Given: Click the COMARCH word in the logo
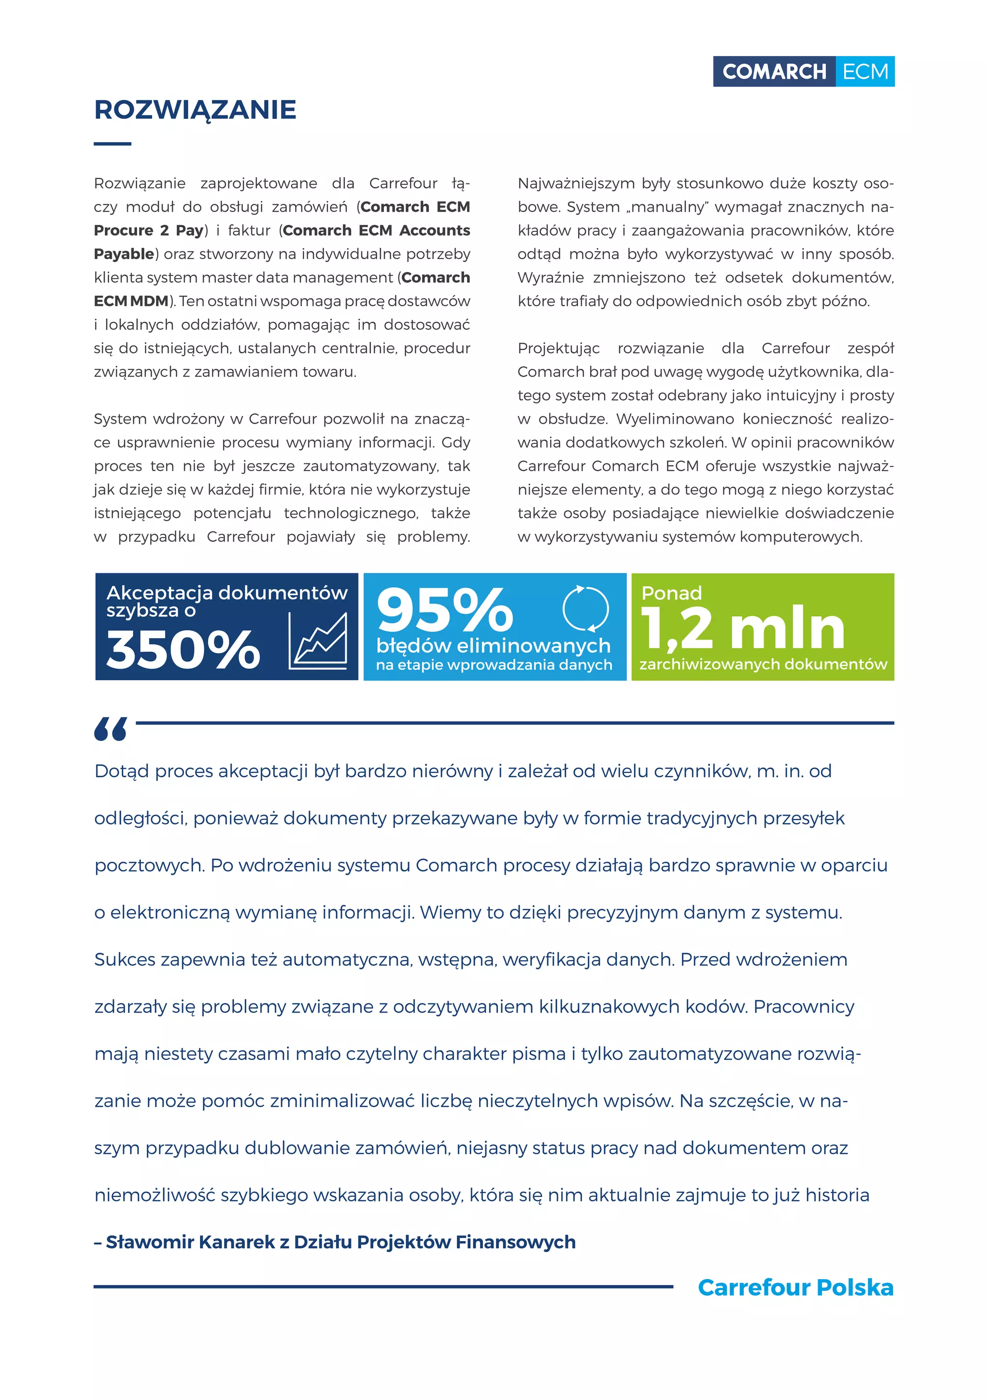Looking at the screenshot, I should pyautogui.click(x=774, y=72).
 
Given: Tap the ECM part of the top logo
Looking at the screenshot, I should pyautogui.click(x=865, y=72).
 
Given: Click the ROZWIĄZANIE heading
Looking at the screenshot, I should pyautogui.click(x=195, y=110).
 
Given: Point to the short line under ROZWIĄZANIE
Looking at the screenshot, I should pyautogui.click(x=112, y=144).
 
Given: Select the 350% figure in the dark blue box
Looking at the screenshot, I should pyautogui.click(x=183, y=650).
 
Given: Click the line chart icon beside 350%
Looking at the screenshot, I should pyautogui.click(x=318, y=641).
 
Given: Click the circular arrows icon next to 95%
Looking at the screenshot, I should pyautogui.click(x=585, y=609).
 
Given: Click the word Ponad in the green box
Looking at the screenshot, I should pyautogui.click(x=671, y=593).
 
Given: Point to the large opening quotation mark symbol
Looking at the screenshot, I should pyautogui.click(x=110, y=729).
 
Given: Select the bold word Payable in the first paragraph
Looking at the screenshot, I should pyautogui.click(x=124, y=254).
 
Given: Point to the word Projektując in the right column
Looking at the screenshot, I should pyautogui.click(x=558, y=348).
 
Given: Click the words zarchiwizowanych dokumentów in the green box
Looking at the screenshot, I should pyautogui.click(x=763, y=664).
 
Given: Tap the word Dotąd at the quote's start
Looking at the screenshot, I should pyautogui.click(x=121, y=771).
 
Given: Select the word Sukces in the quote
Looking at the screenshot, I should pyautogui.click(x=125, y=960).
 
